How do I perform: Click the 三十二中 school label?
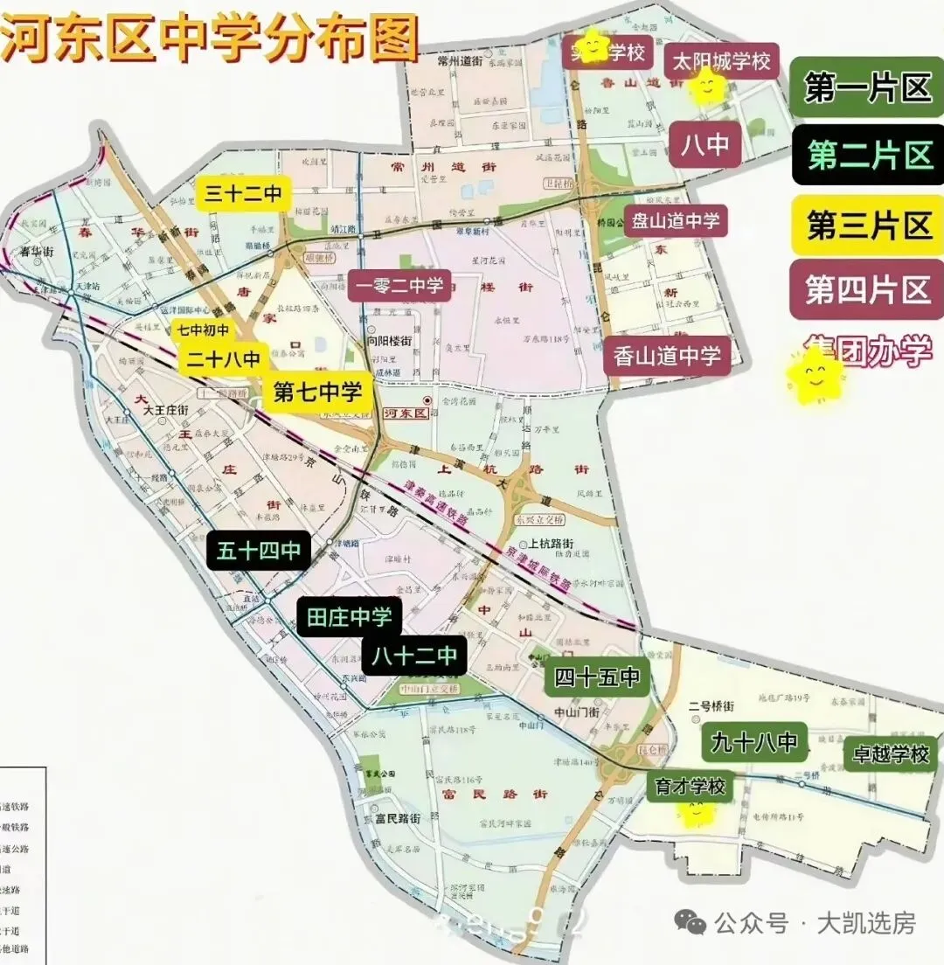click(x=243, y=193)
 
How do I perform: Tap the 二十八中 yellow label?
click(x=224, y=358)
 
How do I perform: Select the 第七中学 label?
click(x=317, y=392)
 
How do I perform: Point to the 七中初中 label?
click(x=204, y=330)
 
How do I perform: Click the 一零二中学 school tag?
click(x=399, y=286)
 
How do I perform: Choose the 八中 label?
click(x=705, y=144)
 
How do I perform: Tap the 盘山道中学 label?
click(x=676, y=221)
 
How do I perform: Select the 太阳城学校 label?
click(x=722, y=63)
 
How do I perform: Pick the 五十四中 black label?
click(x=259, y=550)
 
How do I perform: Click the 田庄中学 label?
click(x=350, y=617)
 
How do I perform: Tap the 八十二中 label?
click(x=414, y=655)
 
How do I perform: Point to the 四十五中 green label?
click(x=598, y=677)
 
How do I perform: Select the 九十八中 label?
click(x=753, y=743)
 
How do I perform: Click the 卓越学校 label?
click(x=891, y=754)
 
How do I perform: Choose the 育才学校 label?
click(x=691, y=786)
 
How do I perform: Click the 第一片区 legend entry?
click(x=867, y=87)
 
